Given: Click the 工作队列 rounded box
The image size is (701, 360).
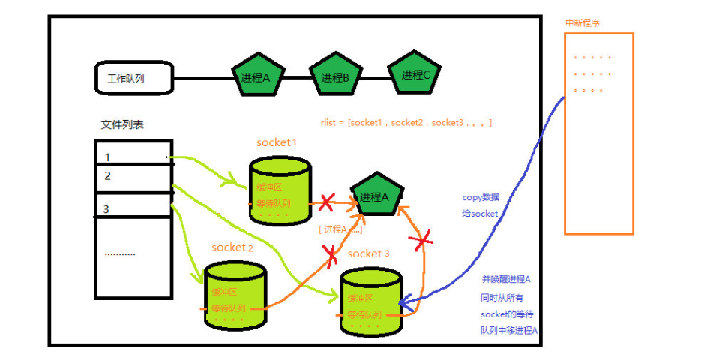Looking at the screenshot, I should [134, 77].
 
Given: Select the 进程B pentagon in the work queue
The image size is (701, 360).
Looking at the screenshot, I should [335, 76].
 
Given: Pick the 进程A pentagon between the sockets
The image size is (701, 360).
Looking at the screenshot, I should [375, 196].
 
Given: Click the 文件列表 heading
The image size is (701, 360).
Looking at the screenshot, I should [122, 125].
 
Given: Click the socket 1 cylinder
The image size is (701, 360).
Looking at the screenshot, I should [280, 190].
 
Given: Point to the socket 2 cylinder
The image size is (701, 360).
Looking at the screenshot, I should [235, 293].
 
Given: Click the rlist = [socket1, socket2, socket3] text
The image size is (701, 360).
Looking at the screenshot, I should [406, 122].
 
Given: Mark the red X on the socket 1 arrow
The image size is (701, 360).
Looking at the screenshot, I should [326, 202].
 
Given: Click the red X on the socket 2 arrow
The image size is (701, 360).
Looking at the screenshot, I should [331, 255].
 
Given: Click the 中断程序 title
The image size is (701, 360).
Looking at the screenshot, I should [582, 22].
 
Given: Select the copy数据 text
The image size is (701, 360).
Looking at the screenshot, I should [481, 197].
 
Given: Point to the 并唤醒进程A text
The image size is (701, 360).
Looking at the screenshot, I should [506, 279].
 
